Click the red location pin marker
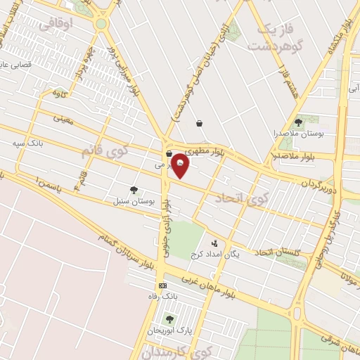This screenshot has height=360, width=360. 180,165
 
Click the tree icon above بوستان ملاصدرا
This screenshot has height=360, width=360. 299,122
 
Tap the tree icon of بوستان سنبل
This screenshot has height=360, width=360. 134,190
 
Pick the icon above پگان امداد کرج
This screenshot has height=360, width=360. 214,243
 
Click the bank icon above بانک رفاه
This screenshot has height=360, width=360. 163,286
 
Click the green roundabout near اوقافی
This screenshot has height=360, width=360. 101,23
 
